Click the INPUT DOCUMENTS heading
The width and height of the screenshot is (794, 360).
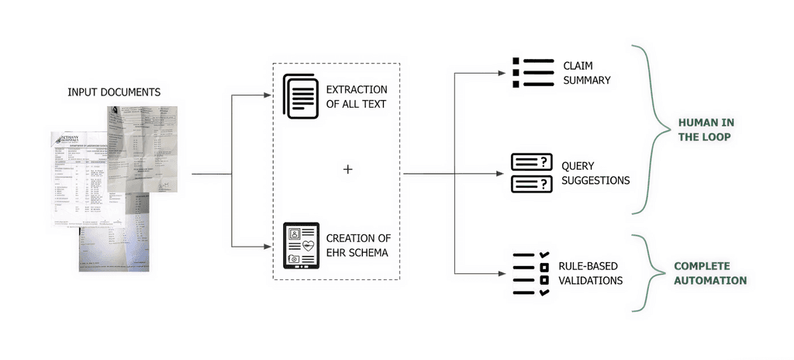[114, 92]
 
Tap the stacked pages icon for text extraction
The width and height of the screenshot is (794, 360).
[299, 96]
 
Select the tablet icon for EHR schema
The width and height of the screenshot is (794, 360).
[301, 245]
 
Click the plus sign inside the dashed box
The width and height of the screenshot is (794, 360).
[347, 168]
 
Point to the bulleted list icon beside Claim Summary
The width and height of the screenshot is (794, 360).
[533, 72]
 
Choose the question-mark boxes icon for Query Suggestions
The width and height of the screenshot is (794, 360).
[532, 172]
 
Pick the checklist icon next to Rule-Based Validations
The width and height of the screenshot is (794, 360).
[532, 273]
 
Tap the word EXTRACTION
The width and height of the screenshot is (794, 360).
[357, 89]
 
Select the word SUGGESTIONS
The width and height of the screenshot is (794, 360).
[595, 180]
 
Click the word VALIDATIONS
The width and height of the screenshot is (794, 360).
[591, 280]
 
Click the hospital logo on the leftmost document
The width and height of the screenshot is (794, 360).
[61, 139]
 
